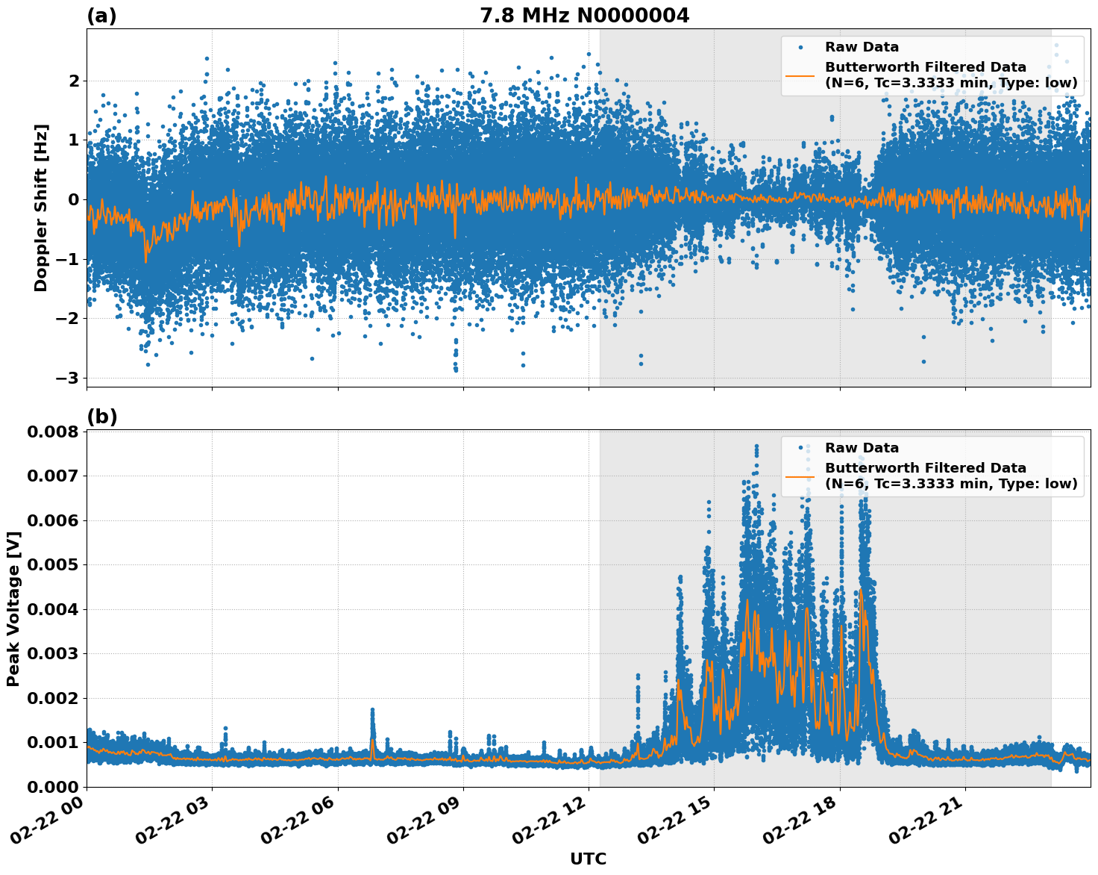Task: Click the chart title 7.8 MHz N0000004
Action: [x=584, y=15]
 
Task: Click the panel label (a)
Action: [x=101, y=16]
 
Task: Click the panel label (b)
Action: [x=101, y=417]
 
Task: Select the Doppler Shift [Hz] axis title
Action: [x=41, y=208]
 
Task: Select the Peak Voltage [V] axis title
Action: [x=13, y=608]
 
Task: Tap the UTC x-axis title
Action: [x=588, y=859]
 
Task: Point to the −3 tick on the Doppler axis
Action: [x=67, y=378]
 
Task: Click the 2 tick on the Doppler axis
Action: [x=73, y=81]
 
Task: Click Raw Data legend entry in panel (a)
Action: [x=862, y=47]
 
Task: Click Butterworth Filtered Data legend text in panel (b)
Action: [x=925, y=468]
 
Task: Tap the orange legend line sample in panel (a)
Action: [x=800, y=75]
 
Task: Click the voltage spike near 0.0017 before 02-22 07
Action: [x=372, y=711]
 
